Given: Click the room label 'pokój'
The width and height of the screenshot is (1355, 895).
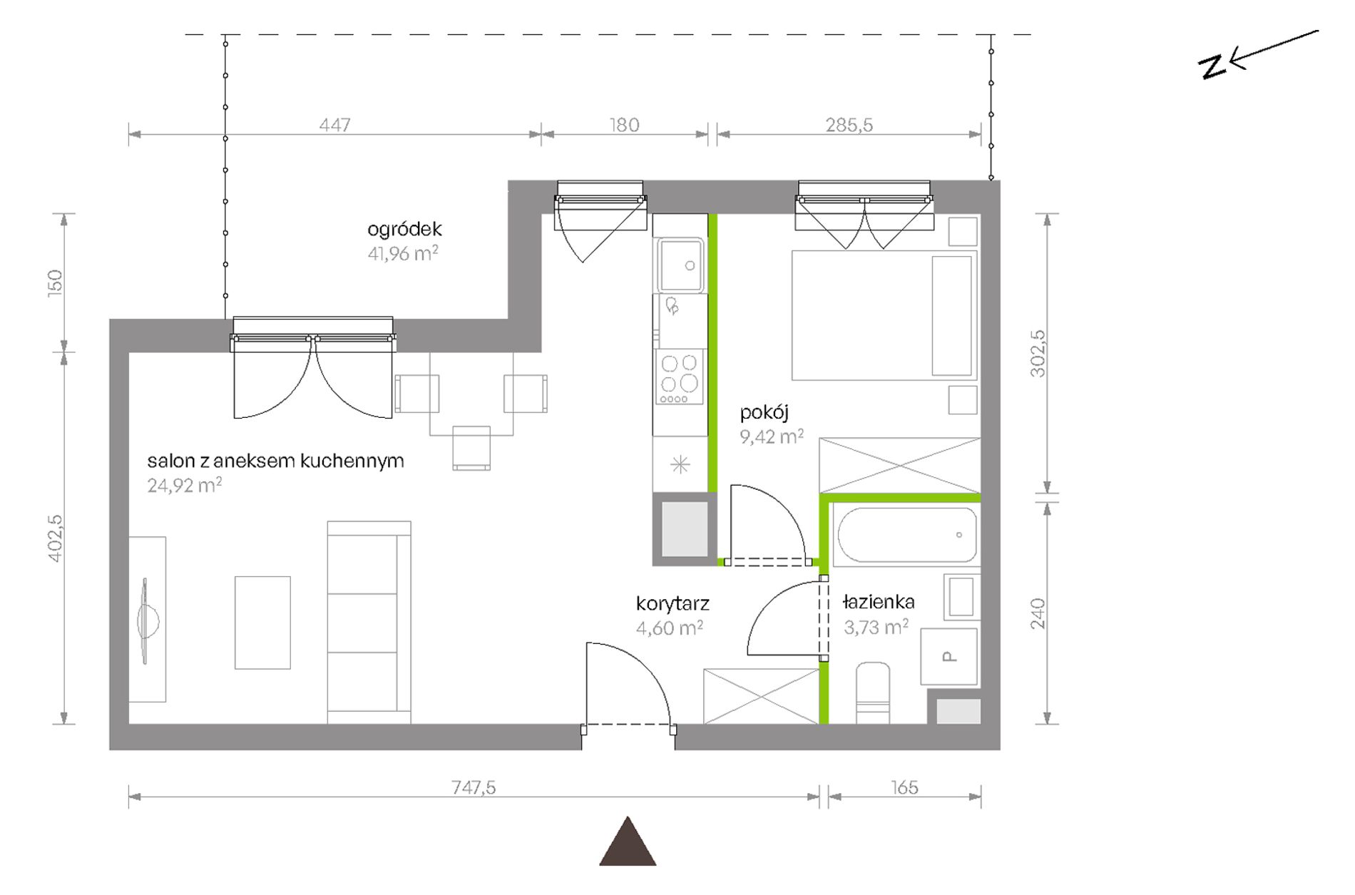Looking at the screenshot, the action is (764, 412).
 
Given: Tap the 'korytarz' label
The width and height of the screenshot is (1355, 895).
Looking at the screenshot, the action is (673, 604).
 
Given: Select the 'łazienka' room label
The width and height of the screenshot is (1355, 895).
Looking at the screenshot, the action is (878, 602).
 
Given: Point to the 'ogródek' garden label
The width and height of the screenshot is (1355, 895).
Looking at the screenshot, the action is (404, 229).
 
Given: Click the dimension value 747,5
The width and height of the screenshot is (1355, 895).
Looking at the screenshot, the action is (474, 787).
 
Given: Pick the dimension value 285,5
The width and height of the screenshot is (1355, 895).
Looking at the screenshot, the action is (849, 125).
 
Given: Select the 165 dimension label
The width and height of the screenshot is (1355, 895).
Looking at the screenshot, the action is (904, 787).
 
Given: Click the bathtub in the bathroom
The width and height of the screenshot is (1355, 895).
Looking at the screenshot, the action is (906, 535).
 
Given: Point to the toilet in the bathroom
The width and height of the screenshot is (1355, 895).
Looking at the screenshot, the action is (873, 692).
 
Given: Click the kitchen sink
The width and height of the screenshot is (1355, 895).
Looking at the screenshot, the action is (680, 265).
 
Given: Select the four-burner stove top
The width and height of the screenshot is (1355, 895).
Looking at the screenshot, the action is (680, 378).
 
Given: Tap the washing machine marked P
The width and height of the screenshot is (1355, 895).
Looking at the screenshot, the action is (949, 657).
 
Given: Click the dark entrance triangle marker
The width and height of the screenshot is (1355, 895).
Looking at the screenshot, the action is (628, 842).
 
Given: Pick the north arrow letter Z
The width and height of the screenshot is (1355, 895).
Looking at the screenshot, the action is (1212, 66).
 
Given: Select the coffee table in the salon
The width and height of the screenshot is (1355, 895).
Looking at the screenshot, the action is (262, 623).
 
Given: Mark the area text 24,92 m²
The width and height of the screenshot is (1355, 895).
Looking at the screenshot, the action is (184, 485).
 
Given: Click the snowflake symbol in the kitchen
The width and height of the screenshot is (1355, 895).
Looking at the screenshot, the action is (680, 465).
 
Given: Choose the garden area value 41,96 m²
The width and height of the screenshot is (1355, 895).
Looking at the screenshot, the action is (403, 253).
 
